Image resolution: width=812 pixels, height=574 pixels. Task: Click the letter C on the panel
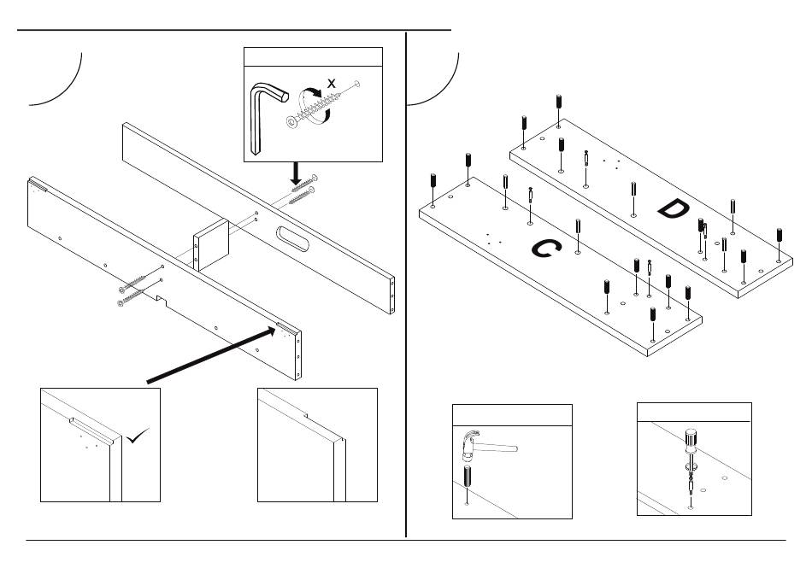[x=544, y=249]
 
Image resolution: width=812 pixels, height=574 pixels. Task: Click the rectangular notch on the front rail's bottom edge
[x=158, y=301]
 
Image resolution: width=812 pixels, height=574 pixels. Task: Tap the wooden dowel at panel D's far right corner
[x=779, y=237]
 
